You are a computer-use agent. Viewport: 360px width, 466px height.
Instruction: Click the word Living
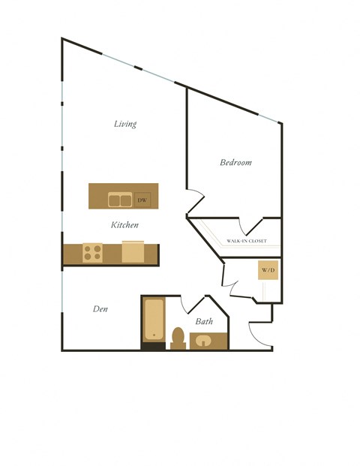[125, 124]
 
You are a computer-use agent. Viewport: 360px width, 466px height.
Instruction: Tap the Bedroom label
[235, 163]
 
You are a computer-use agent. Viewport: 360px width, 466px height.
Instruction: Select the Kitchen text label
[124, 225]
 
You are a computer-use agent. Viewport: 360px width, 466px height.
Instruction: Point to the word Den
[100, 308]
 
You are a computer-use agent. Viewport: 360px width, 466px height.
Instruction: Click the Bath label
[204, 321]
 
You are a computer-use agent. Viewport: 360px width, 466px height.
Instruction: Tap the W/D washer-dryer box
[268, 270]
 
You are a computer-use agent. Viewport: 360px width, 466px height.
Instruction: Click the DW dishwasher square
[142, 200]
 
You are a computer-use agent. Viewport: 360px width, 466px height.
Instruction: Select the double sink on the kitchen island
[120, 200]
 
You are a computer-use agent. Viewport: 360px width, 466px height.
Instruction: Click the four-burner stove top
[93, 253]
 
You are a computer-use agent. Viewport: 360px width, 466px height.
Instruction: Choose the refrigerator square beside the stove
[133, 251]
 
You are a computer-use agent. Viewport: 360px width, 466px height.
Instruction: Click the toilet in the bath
[178, 338]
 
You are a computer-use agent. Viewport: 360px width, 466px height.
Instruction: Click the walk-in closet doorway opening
[250, 226]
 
